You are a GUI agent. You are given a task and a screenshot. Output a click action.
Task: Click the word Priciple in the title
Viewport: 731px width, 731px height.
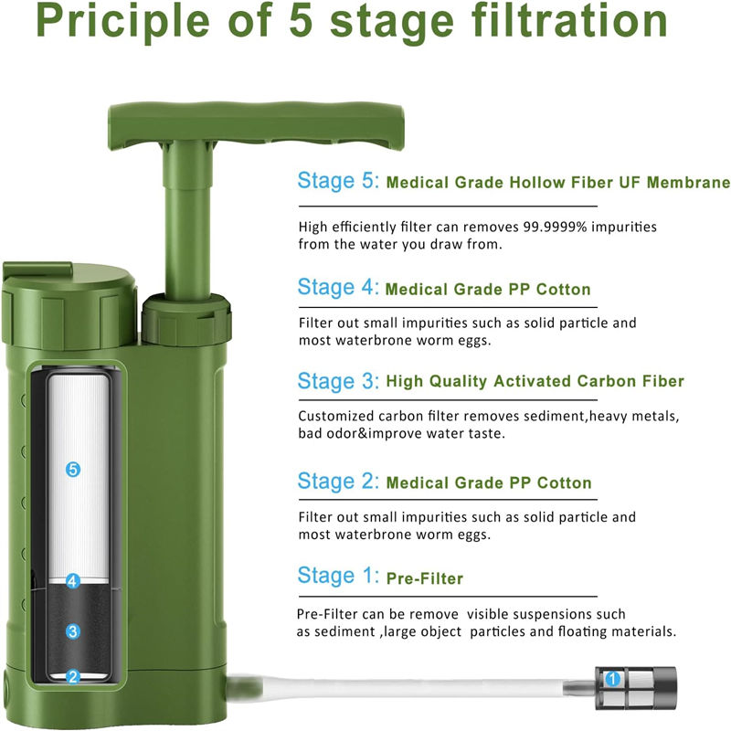[122, 22]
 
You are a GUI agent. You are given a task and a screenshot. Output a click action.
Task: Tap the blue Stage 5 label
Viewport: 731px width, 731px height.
[338, 181]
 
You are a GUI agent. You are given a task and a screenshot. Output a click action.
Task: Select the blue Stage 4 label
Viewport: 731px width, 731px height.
[338, 287]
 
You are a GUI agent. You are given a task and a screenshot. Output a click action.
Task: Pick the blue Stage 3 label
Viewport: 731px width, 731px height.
[338, 381]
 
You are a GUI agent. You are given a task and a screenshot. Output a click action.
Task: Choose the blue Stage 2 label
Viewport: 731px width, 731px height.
[338, 482]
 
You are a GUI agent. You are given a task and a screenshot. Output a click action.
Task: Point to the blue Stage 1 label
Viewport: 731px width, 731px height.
[338, 576]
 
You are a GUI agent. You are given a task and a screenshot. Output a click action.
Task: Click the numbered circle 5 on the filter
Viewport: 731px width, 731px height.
[73, 469]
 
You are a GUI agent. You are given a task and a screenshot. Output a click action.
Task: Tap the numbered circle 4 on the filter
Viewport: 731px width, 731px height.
[72, 581]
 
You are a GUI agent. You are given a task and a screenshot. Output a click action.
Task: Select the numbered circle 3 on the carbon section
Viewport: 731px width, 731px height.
[72, 631]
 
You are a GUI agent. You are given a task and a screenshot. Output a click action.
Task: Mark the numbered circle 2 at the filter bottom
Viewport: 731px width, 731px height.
[73, 676]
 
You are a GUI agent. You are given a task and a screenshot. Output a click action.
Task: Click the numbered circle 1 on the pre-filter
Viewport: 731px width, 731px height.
[612, 679]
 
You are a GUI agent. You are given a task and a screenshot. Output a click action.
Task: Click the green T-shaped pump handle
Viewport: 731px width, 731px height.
[256, 126]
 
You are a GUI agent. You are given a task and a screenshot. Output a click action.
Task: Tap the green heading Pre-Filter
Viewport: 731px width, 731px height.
[425, 578]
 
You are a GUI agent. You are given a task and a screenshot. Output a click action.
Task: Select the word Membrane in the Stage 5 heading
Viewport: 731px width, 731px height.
[688, 182]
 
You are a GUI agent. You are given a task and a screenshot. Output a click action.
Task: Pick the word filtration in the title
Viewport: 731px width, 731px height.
[569, 22]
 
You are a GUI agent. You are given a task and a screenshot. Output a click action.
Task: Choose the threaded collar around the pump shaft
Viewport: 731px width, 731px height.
[186, 319]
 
